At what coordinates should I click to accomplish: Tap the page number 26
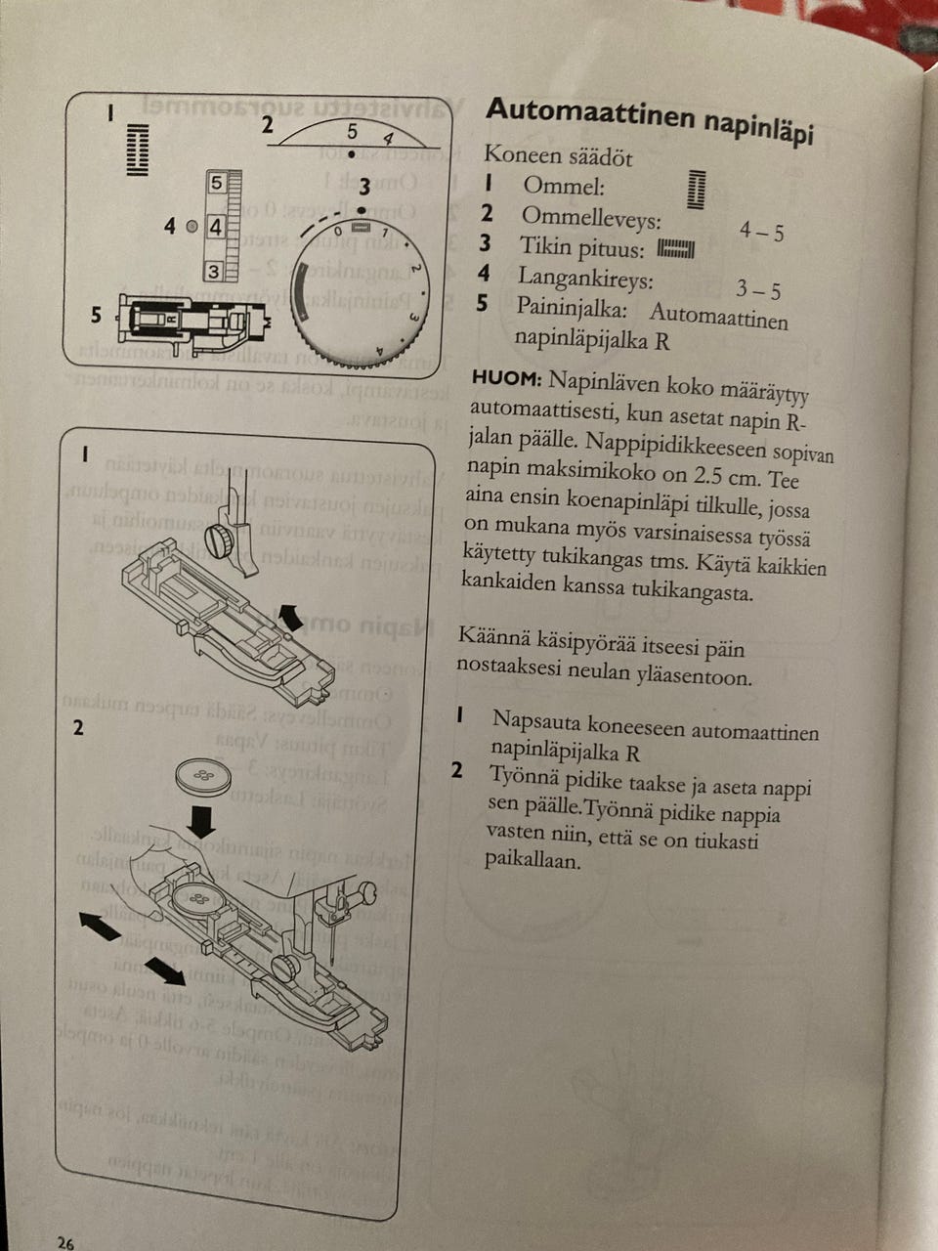coord(64,1242)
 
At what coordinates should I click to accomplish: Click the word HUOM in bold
coord(505,377)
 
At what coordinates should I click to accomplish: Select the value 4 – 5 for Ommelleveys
coord(761,232)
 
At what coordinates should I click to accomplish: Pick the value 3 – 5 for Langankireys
coord(758,290)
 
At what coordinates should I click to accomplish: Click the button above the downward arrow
coord(203,776)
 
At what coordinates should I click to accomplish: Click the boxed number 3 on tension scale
coord(215,272)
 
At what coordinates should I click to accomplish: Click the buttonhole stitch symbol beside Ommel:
coord(696,189)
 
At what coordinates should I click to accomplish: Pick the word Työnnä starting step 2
coord(527,777)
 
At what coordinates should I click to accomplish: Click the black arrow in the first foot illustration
coord(289,616)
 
